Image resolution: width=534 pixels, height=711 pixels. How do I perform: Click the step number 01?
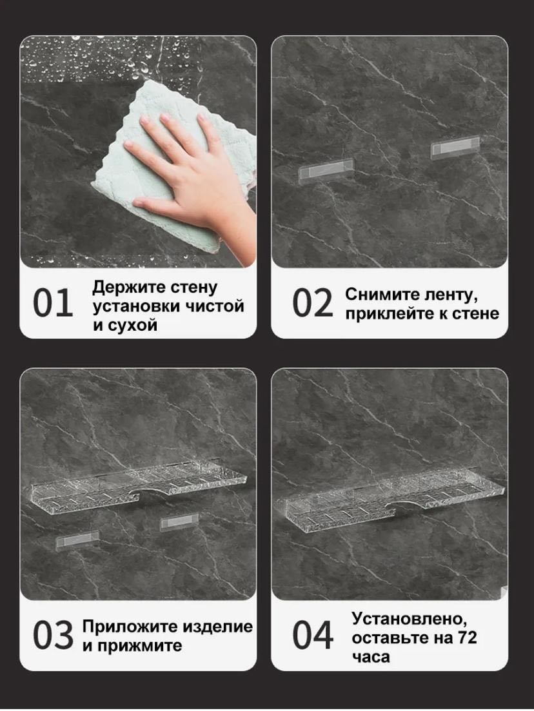coord(53,303)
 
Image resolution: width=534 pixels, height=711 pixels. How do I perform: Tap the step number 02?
coord(312,303)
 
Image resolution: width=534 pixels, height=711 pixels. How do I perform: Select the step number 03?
coord(53,635)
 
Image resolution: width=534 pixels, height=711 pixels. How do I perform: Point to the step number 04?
coord(313,635)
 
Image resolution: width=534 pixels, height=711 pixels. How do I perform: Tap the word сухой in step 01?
coord(131,325)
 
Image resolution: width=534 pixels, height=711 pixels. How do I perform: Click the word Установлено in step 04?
coord(409,618)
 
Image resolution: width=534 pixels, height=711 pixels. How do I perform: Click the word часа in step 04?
coord(371,657)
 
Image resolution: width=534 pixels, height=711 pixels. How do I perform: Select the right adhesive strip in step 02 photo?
coord(455,148)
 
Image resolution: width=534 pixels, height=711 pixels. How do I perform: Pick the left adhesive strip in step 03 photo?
coord(77,541)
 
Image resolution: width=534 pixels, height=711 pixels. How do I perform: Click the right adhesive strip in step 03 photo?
coord(180,522)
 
